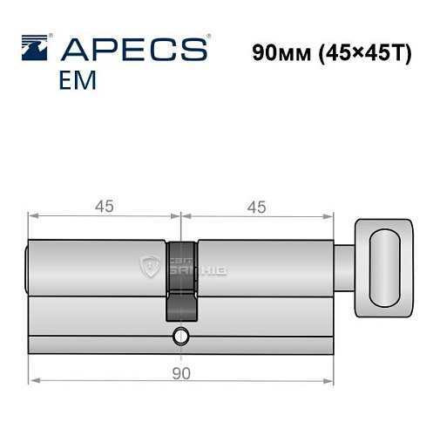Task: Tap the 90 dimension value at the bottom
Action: click(x=181, y=372)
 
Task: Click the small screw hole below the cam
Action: click(x=180, y=334)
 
